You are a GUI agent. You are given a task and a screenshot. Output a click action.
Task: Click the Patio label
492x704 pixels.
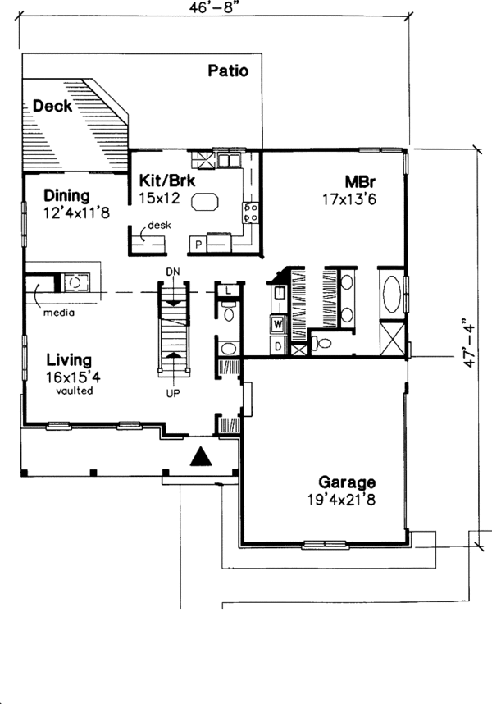227,71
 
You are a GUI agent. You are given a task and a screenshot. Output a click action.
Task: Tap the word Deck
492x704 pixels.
52,106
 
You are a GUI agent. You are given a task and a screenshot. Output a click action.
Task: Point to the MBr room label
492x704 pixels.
360,181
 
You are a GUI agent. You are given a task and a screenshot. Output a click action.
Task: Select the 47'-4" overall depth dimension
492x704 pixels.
468,342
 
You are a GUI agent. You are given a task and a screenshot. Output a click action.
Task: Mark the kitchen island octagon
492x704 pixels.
206,202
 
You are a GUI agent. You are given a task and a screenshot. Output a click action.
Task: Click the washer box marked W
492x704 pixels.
277,324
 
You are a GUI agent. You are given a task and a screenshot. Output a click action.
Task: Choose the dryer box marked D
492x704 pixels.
277,345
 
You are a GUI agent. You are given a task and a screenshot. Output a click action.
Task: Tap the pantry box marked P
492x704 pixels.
198,244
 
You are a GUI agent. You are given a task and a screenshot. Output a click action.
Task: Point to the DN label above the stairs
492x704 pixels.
171,272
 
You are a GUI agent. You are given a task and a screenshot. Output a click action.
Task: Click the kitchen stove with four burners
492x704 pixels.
251,213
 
